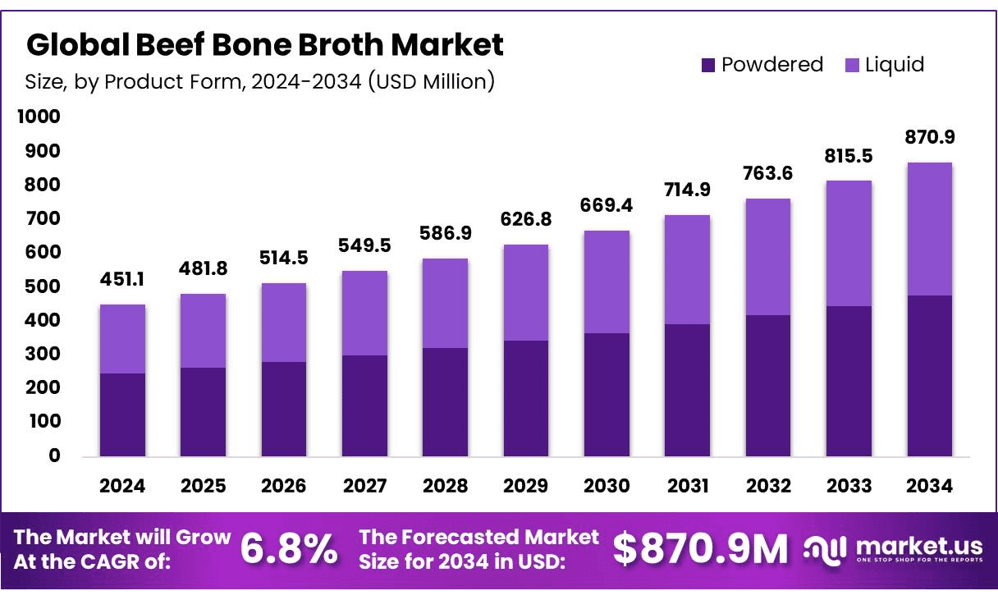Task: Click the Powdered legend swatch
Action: (708, 65)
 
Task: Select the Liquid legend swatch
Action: (852, 65)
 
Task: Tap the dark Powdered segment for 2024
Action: (122, 415)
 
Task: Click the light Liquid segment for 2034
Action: (930, 228)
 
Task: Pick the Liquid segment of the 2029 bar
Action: (526, 292)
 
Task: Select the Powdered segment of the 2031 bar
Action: (688, 390)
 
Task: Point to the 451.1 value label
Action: (122, 280)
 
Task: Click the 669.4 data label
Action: (607, 205)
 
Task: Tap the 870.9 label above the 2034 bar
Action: (930, 137)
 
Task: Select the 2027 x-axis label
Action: (364, 486)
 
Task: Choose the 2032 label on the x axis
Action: (768, 486)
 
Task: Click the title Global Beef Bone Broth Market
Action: (264, 44)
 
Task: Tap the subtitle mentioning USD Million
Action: (260, 81)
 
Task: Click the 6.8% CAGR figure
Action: (289, 549)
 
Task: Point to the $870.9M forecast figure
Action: (700, 549)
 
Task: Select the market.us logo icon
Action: (825, 549)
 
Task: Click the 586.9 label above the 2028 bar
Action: (445, 233)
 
